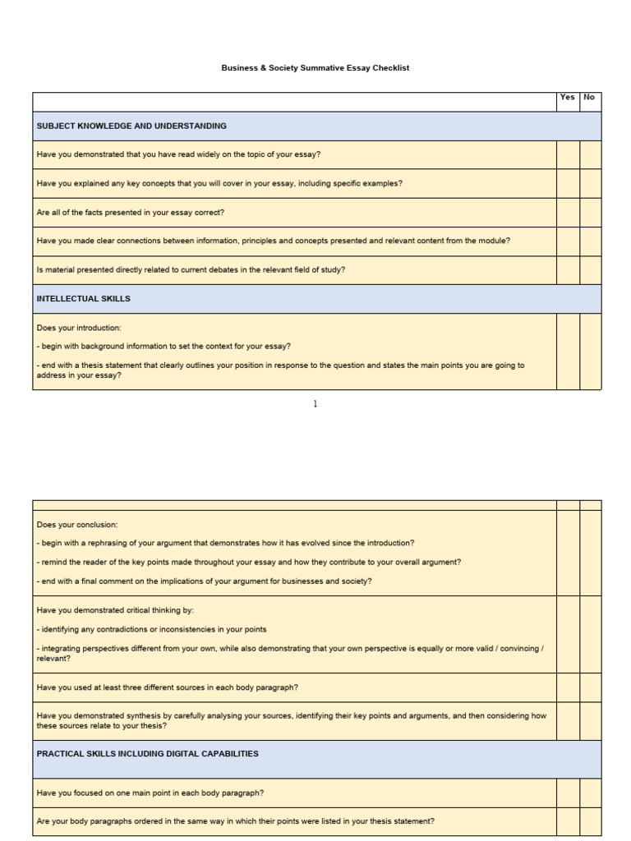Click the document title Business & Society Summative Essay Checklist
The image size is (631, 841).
(315, 68)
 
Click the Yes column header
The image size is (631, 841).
(567, 97)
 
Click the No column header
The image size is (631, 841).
(589, 97)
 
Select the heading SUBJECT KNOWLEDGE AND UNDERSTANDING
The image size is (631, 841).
(131, 126)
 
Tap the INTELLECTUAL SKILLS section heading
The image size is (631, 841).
(83, 299)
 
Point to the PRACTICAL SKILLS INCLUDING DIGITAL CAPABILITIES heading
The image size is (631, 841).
(148, 753)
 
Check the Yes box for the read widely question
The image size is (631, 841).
(568, 154)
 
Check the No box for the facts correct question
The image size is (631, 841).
(590, 212)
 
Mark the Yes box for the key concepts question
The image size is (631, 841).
(568, 183)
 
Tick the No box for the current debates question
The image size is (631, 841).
(590, 269)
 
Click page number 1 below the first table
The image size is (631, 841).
(315, 404)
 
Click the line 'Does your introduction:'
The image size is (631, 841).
(79, 328)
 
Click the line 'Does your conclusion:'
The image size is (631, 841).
(77, 524)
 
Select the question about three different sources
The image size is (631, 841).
(168, 687)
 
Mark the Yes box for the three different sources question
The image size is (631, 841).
(568, 687)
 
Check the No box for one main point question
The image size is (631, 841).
(590, 793)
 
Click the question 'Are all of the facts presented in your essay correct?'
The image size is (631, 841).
(131, 212)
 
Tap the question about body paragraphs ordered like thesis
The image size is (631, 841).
(236, 820)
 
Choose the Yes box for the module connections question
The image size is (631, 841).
(568, 241)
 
